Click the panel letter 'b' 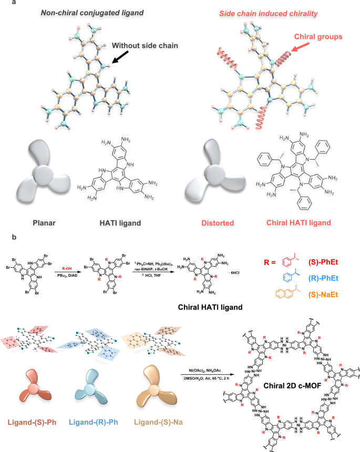[5, 237]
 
